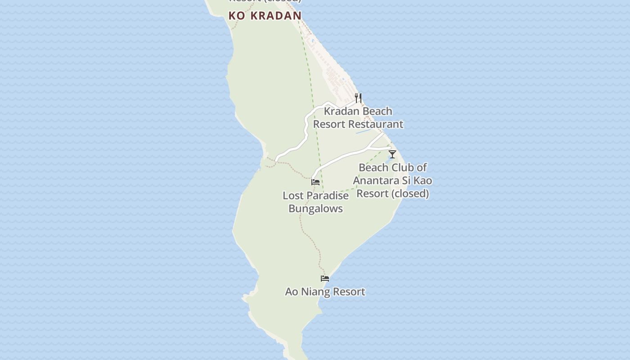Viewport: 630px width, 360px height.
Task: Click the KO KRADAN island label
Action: pyautogui.click(x=265, y=15)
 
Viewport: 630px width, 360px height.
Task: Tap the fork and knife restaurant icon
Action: pyautogui.click(x=358, y=98)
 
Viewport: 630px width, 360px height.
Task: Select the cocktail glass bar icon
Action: pyautogui.click(x=392, y=154)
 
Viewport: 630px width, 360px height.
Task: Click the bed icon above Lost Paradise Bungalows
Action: pyautogui.click(x=315, y=182)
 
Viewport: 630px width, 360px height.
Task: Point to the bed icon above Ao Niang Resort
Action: pyautogui.click(x=325, y=279)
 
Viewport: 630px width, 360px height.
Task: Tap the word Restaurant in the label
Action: pyautogui.click(x=376, y=124)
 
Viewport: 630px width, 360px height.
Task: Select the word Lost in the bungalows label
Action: pyautogui.click(x=292, y=196)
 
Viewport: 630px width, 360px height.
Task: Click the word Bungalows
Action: pyautogui.click(x=315, y=209)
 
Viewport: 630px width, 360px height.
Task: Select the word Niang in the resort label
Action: pyautogui.click(x=315, y=292)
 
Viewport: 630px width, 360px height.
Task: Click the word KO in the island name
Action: pyautogui.click(x=237, y=15)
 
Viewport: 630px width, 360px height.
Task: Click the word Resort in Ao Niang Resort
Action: pyautogui.click(x=347, y=292)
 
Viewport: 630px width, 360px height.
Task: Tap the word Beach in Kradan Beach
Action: pyautogui.click(x=377, y=111)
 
